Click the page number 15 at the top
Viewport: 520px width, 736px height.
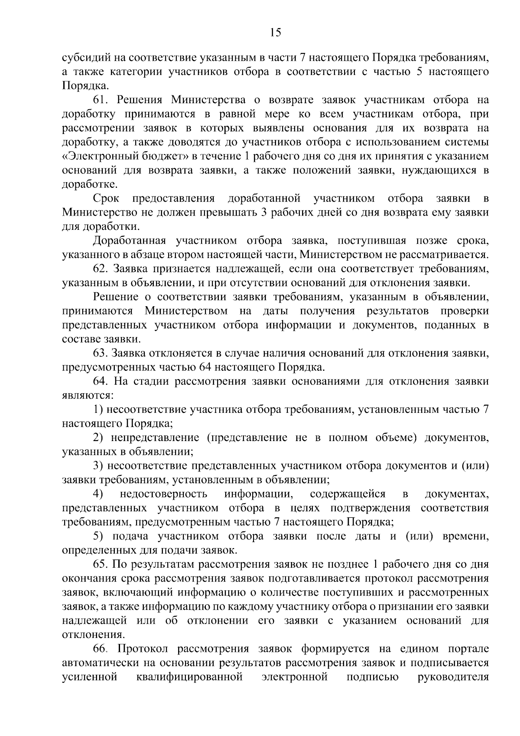point(275,33)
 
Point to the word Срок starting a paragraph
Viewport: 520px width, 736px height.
point(106,199)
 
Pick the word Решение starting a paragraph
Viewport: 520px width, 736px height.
point(114,298)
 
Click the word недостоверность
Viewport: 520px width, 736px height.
point(163,494)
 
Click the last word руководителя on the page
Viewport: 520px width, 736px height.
point(453,677)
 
